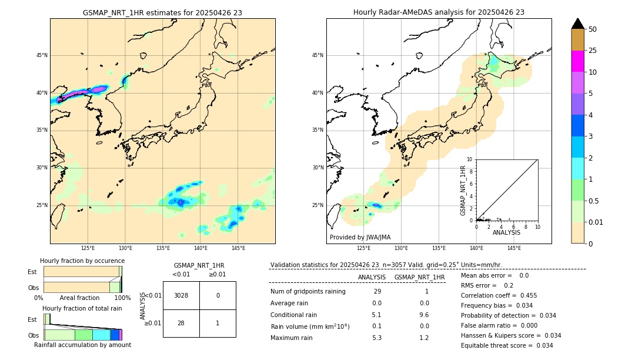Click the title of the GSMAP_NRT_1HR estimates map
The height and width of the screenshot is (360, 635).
(x=162, y=12)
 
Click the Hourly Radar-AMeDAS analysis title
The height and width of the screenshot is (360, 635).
(x=439, y=12)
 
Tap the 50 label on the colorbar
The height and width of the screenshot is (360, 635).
(x=593, y=29)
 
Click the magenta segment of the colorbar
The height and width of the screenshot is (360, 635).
(x=577, y=61)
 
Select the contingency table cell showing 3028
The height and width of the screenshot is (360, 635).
(x=181, y=295)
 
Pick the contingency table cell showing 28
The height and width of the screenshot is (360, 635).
(x=181, y=323)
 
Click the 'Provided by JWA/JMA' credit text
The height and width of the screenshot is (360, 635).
(x=360, y=237)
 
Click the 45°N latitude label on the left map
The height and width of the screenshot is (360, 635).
(x=42, y=55)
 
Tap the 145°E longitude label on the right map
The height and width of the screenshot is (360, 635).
(x=514, y=248)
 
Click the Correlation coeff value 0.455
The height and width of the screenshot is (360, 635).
(x=528, y=295)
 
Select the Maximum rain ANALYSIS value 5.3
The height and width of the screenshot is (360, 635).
(x=377, y=338)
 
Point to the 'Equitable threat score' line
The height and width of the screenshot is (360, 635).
(x=507, y=345)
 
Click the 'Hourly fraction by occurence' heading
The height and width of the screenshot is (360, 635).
(x=82, y=261)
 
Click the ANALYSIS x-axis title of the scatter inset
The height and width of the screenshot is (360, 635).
(x=506, y=232)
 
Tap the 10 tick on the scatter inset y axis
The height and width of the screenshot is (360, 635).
(x=469, y=159)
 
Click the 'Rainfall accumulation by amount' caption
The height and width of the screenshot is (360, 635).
(x=82, y=345)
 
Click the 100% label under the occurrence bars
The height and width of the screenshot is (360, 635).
(x=122, y=298)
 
